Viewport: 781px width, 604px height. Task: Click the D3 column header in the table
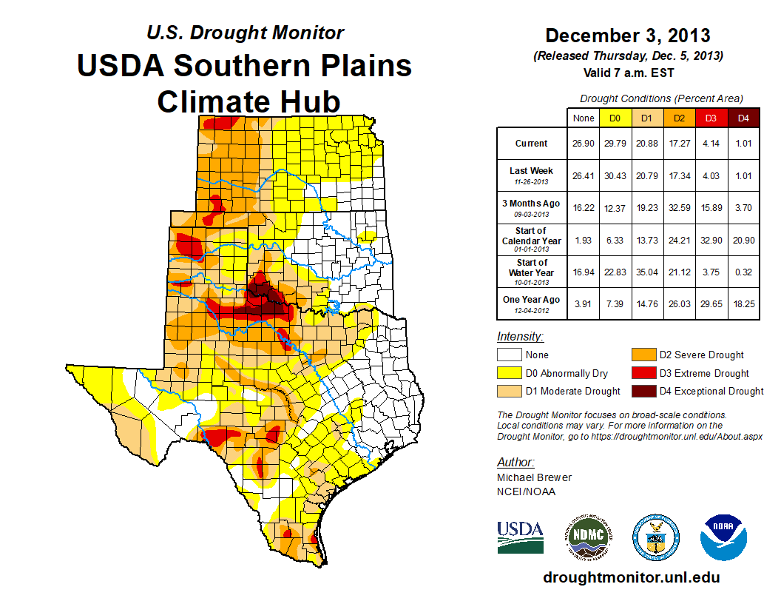(x=711, y=118)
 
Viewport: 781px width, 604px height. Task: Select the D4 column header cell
(x=743, y=118)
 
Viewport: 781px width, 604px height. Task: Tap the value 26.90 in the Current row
(x=584, y=144)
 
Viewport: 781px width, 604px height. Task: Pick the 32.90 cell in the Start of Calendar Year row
(x=711, y=240)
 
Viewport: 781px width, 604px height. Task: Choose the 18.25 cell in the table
(x=743, y=303)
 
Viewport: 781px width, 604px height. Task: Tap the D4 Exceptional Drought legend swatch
(x=642, y=391)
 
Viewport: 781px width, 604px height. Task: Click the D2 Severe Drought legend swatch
(x=642, y=355)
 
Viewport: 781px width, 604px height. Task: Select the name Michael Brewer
(x=534, y=477)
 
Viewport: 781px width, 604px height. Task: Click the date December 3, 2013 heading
(x=628, y=36)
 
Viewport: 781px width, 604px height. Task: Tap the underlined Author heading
(x=515, y=463)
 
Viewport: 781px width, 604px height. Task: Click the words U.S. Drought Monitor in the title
(x=246, y=33)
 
